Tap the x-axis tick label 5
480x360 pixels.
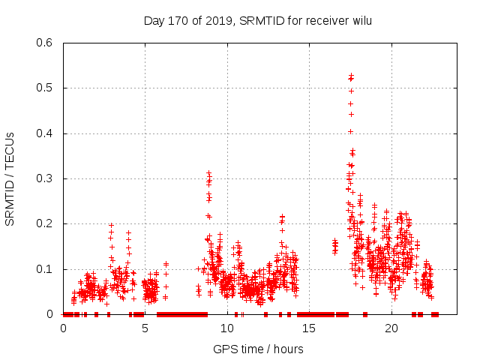145,328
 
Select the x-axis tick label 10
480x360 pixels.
227,328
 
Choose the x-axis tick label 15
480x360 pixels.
309,328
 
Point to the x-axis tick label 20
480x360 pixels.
391,328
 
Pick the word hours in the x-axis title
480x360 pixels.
288,349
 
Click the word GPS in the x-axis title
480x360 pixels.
224,349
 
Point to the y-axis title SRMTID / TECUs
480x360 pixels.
10,178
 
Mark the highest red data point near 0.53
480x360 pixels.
351,75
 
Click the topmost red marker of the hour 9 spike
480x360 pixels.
209,172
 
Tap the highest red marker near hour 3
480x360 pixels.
111,225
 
